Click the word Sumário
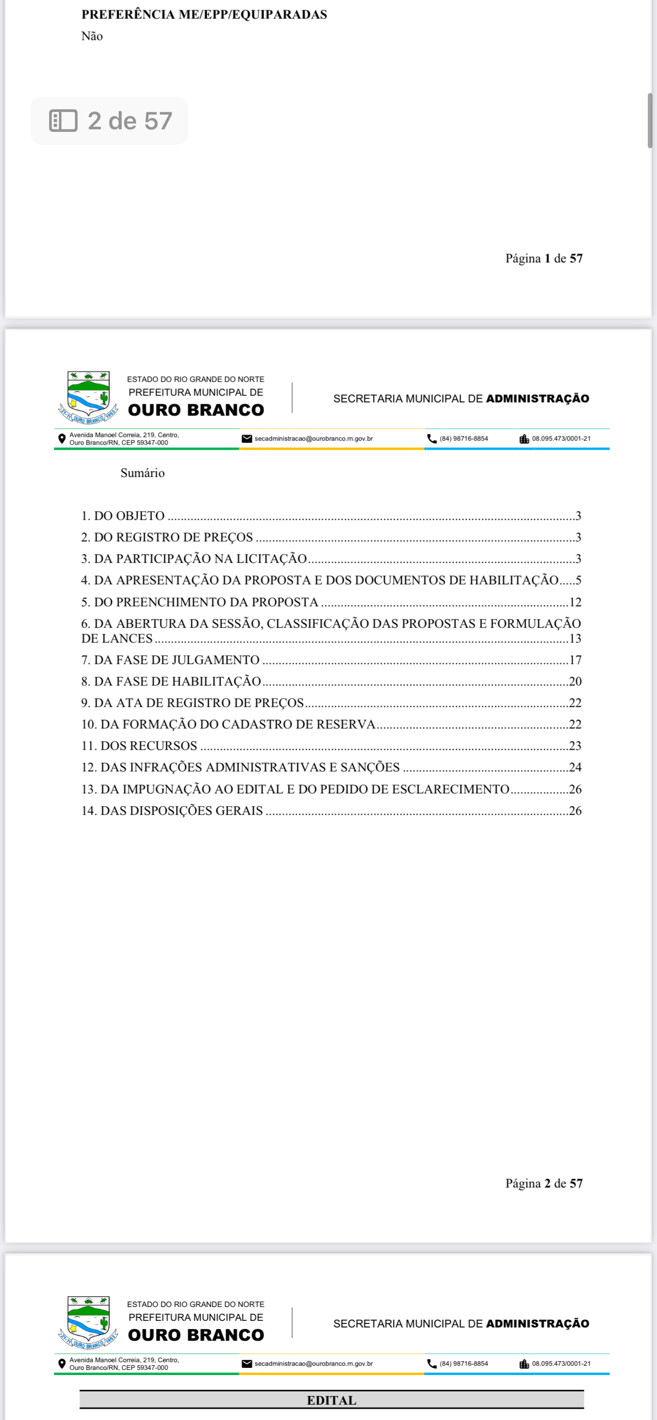point(142,473)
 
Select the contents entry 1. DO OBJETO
point(123,516)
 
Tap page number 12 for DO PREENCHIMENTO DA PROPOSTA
point(575,603)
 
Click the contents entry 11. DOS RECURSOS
point(139,746)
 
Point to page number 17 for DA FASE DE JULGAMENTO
point(575,660)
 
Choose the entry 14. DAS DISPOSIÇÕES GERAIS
point(172,811)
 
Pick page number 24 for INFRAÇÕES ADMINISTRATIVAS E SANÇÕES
point(575,767)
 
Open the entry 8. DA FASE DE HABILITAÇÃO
point(171,682)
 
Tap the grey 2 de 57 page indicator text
point(130,121)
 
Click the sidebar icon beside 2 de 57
point(63,121)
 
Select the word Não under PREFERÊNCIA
point(92,36)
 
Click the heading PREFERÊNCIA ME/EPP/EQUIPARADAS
point(204,15)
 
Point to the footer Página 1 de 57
point(544,259)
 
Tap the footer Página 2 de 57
point(544,1183)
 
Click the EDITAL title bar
point(332,1400)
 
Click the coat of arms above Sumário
point(88,397)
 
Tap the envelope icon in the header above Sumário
point(247,439)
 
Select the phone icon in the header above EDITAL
point(432,1364)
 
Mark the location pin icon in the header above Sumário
point(62,439)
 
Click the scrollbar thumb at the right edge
point(650,121)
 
